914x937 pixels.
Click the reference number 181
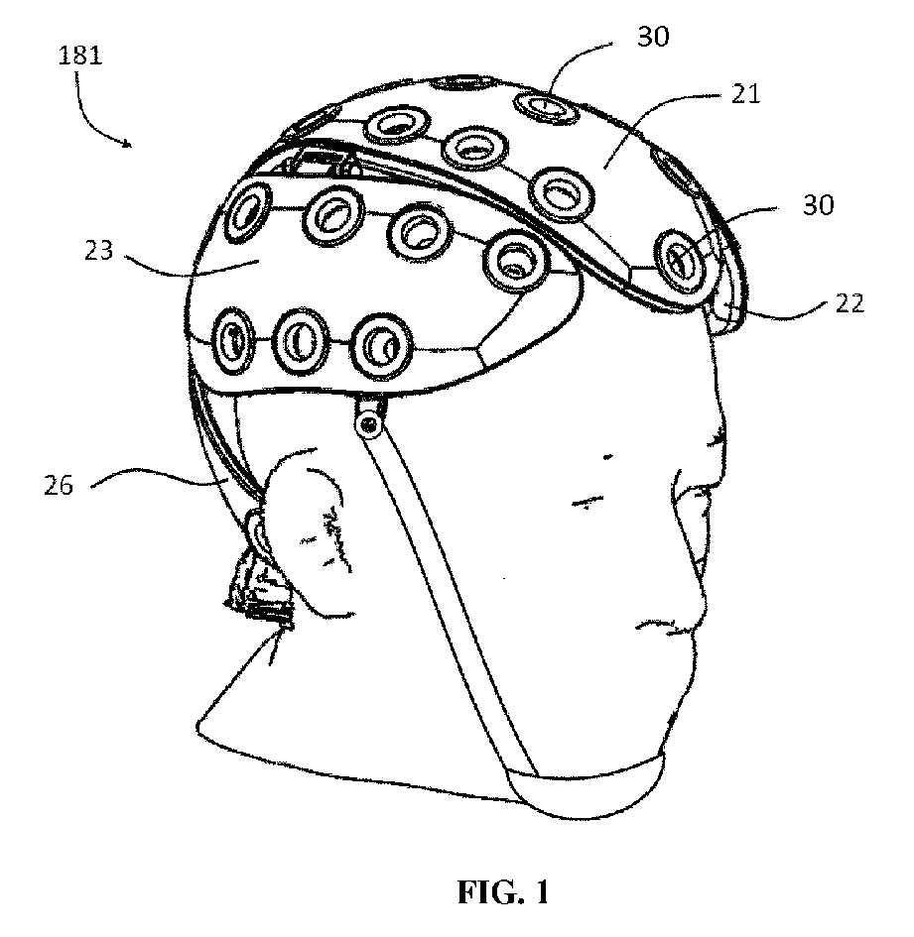(80, 57)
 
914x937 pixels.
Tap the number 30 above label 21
(654, 38)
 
